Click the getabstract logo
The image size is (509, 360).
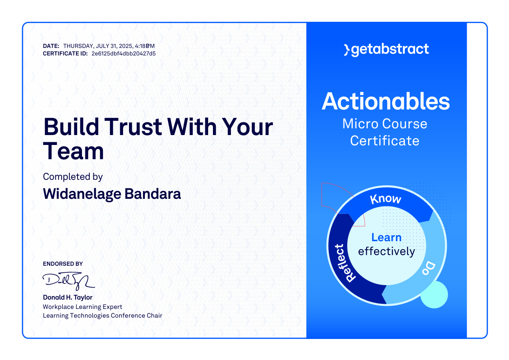pos(386,50)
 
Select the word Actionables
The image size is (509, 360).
pos(386,101)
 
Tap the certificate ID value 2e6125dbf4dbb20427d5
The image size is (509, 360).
pos(123,54)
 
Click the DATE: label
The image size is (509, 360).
pos(51,46)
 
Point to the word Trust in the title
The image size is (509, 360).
pos(133,127)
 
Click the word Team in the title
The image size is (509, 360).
pos(73,151)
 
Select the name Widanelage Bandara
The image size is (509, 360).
pos(112,194)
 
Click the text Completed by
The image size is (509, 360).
pos(73,177)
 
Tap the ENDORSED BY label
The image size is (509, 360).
pos(63,264)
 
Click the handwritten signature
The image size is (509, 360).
pos(68,281)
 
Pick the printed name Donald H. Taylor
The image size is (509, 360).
pos(68,297)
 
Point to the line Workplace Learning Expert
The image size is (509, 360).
pos(82,307)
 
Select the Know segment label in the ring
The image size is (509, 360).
pos(386,199)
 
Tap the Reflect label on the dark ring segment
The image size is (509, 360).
pos(344,263)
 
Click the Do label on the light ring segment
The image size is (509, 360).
pos(429,268)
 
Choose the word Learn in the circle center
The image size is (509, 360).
pos(386,238)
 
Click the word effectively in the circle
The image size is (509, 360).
pos(387,251)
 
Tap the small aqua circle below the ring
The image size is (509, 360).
pos(434,295)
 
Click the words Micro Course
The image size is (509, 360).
pos(385,124)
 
